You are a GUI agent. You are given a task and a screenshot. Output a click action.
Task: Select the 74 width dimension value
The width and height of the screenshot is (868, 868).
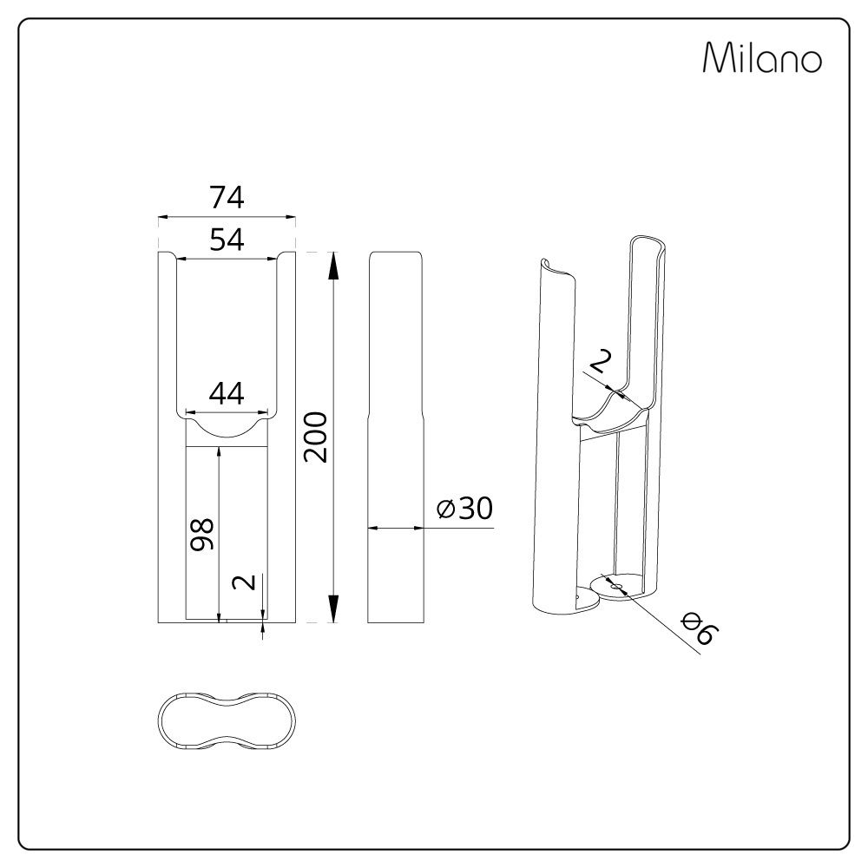pyautogui.click(x=227, y=198)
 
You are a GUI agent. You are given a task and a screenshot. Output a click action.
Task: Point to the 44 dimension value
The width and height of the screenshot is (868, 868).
pyautogui.click(x=227, y=394)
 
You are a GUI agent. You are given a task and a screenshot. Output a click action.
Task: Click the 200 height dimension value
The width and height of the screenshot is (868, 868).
pyautogui.click(x=318, y=437)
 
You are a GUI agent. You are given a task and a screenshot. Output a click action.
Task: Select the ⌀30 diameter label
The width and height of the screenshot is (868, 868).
pyautogui.click(x=465, y=510)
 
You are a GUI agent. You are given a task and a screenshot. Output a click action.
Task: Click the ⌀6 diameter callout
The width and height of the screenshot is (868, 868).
pyautogui.click(x=697, y=629)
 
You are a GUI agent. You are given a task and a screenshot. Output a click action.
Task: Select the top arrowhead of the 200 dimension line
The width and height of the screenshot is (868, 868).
pyautogui.click(x=333, y=260)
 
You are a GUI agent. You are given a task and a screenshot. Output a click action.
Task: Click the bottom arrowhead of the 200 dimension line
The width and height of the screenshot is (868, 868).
pyautogui.click(x=333, y=615)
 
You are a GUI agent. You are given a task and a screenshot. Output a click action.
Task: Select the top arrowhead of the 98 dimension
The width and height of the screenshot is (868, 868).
pyautogui.click(x=219, y=453)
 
